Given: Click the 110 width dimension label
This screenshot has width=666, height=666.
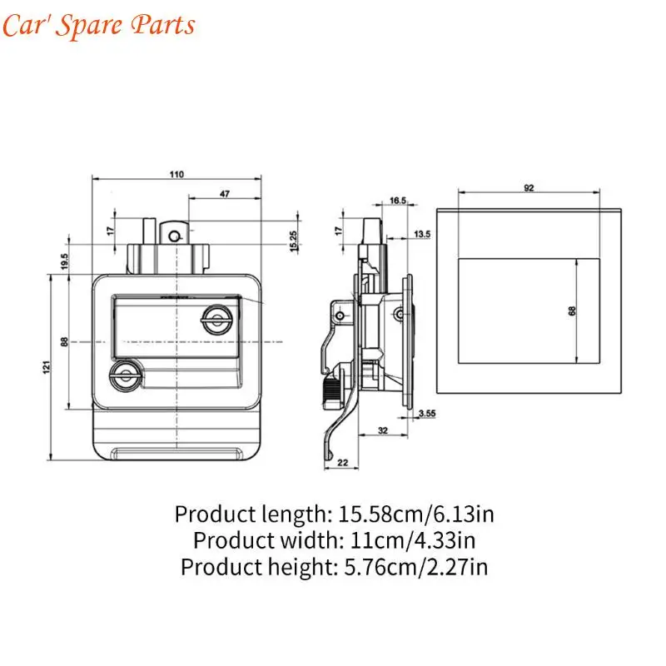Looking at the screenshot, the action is tap(176, 174).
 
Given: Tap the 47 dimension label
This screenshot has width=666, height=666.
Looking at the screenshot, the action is tap(225, 194).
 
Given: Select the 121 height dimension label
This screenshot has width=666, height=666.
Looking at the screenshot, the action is tap(47, 367).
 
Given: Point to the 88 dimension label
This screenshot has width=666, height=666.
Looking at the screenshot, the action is tap(64, 342).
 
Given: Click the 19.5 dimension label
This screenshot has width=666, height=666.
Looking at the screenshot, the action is tap(64, 261).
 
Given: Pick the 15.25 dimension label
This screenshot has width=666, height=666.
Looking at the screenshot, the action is tap(293, 241).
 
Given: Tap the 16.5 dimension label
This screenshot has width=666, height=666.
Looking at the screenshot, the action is tap(398, 201).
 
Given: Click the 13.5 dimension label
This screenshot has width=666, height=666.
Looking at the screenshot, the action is tap(422, 234).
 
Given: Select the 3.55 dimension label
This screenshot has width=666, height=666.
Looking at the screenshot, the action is tap(427, 413).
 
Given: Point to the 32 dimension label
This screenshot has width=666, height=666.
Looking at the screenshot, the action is tap(383, 430).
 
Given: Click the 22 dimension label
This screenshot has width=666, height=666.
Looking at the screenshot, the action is tap(342, 463).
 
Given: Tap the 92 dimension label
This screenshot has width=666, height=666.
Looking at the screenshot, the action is tap(529, 188).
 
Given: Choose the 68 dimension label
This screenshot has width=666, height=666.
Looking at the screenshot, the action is tap(572, 311).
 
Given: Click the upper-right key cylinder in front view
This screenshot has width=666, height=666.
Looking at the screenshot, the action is tap(217, 320).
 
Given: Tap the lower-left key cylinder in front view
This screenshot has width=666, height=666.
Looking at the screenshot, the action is tap(126, 375).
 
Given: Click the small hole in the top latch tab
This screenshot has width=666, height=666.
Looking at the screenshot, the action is tap(174, 236).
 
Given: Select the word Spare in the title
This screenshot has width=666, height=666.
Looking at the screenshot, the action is tap(89, 26).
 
